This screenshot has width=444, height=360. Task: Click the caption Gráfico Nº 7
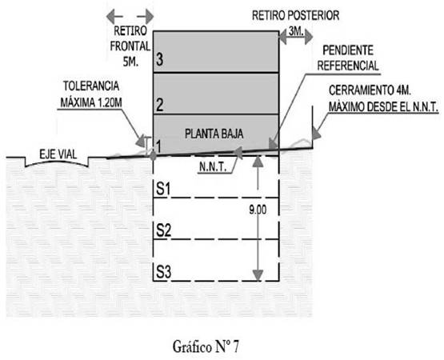[206, 346]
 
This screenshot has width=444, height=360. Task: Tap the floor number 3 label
[160, 60]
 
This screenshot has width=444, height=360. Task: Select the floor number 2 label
[160, 105]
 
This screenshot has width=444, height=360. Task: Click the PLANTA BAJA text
[214, 134]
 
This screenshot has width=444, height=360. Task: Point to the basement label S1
[163, 188]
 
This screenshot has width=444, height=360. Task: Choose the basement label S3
[163, 272]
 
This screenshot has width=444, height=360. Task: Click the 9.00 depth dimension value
[258, 210]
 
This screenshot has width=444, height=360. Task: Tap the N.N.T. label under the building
[213, 167]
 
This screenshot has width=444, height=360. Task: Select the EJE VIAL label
[58, 154]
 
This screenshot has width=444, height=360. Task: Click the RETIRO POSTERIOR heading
[296, 15]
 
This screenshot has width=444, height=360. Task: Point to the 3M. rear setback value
[296, 31]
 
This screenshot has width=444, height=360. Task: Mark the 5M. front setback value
[130, 62]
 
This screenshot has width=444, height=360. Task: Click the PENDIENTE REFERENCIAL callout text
[348, 58]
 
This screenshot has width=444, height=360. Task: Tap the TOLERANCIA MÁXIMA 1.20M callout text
[91, 94]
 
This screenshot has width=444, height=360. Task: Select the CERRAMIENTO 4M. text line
[370, 90]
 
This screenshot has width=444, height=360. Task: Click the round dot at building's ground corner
[153, 155]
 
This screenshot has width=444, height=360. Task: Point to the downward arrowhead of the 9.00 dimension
[258, 275]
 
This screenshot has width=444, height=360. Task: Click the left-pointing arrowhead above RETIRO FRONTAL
[111, 17]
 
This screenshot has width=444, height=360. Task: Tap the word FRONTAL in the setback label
[130, 46]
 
